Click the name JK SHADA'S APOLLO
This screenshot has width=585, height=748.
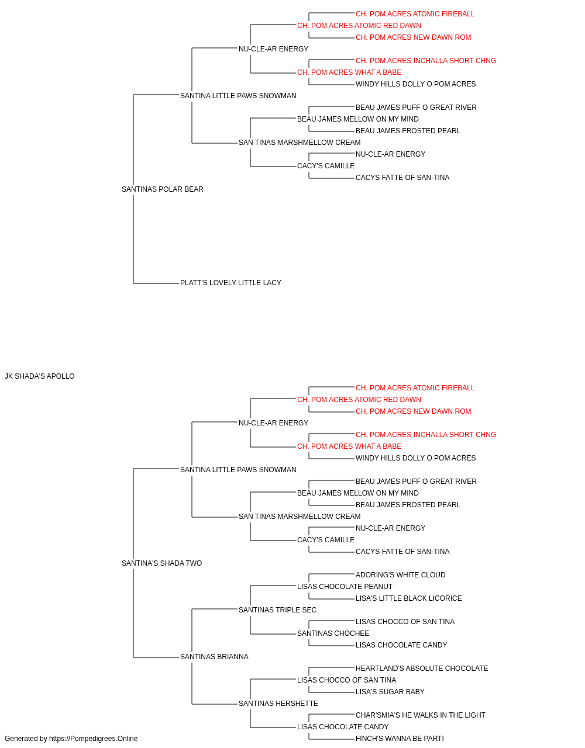click(40, 376)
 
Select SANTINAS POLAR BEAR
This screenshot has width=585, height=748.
click(162, 189)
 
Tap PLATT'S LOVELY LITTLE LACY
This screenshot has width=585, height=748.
click(230, 283)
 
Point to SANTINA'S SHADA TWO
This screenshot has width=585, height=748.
click(161, 563)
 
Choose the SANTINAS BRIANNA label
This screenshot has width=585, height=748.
click(214, 657)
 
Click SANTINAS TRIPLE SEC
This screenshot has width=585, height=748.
click(277, 610)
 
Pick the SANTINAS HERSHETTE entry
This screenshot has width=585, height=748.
click(278, 704)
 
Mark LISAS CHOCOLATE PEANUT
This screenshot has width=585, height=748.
click(345, 587)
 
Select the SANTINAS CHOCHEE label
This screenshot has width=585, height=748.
click(333, 633)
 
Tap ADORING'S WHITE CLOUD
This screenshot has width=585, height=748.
click(400, 575)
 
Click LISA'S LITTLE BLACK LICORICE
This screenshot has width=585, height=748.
click(408, 598)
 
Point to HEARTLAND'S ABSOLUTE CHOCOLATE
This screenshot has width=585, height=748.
click(422, 669)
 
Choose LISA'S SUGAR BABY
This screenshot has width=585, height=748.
click(390, 692)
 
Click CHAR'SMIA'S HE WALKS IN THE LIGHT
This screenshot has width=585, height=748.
click(420, 715)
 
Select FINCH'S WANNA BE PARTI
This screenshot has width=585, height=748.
click(400, 739)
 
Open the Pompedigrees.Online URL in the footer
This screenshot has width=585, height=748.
click(93, 739)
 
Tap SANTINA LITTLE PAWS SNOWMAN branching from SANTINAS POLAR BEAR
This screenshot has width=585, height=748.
click(238, 96)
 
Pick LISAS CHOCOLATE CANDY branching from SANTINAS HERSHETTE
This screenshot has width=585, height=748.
click(343, 727)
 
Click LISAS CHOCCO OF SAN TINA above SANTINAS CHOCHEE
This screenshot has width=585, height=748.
click(405, 622)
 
